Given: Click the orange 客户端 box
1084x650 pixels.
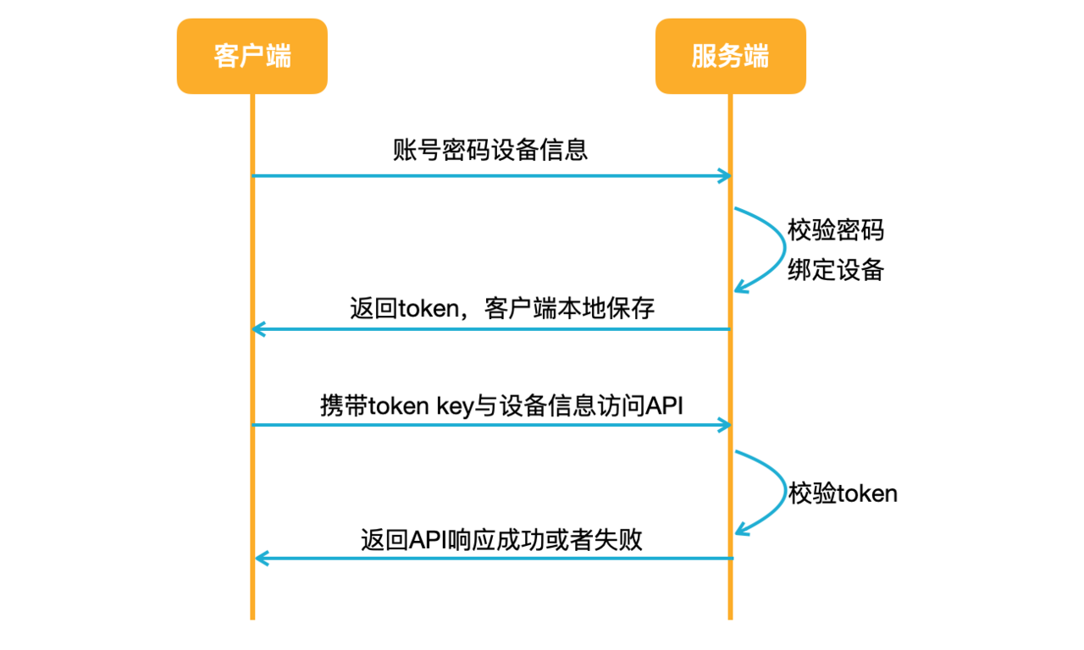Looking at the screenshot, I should click(252, 56).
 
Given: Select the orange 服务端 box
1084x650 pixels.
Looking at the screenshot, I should click(730, 56).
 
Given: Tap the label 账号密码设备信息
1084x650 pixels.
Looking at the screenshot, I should click(490, 150).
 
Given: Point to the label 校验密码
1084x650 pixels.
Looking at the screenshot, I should click(836, 229).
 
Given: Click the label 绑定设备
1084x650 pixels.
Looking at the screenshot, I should click(836, 270).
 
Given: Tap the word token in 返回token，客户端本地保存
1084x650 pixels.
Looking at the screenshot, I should click(429, 308).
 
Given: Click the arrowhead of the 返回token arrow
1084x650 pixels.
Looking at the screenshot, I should click(257, 328).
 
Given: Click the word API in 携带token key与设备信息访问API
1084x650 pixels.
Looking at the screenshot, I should click(665, 405).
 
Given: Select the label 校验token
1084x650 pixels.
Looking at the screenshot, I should click(843, 493).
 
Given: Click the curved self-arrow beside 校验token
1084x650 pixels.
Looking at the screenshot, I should click(784, 491).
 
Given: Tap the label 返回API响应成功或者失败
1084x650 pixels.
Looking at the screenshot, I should click(501, 539).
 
